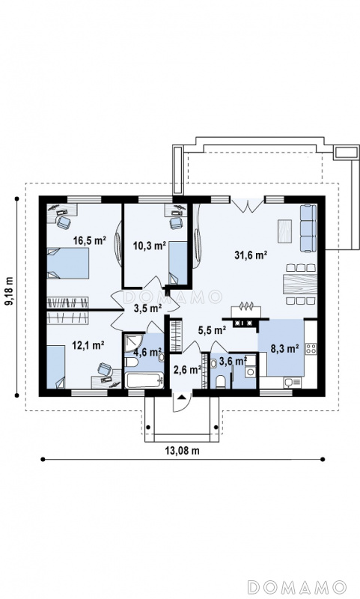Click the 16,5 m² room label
(x=90, y=240)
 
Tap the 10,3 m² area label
(x=149, y=246)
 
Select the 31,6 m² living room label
(x=251, y=255)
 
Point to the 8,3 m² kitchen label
(x=284, y=348)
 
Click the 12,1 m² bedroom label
(x=88, y=345)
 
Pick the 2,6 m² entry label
(x=187, y=370)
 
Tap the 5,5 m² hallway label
(x=212, y=329)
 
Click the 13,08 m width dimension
(x=182, y=451)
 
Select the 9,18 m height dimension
(x=8, y=291)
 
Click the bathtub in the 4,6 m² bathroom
(x=144, y=380)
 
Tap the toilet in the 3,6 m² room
(x=221, y=382)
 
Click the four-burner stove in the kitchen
(x=311, y=348)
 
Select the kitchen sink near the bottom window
(x=293, y=382)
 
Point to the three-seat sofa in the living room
(x=308, y=228)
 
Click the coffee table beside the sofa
(x=285, y=231)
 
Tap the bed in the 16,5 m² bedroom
(x=68, y=264)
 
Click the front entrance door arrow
(x=182, y=397)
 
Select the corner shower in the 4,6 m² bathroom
(x=133, y=344)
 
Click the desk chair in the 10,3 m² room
(x=176, y=223)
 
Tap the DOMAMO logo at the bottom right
(x=296, y=587)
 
